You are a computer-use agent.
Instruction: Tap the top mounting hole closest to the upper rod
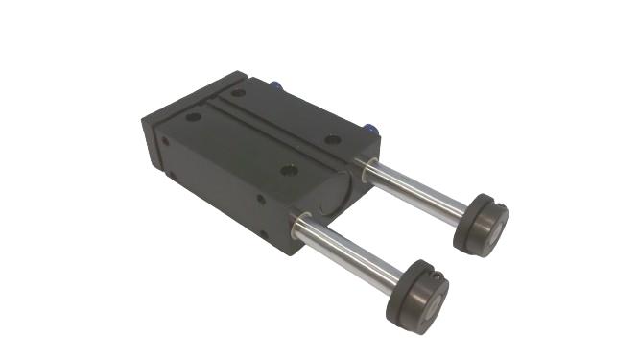332,140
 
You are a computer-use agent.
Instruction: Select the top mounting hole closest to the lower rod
291,172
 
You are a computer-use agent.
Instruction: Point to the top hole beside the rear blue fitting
237,93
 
